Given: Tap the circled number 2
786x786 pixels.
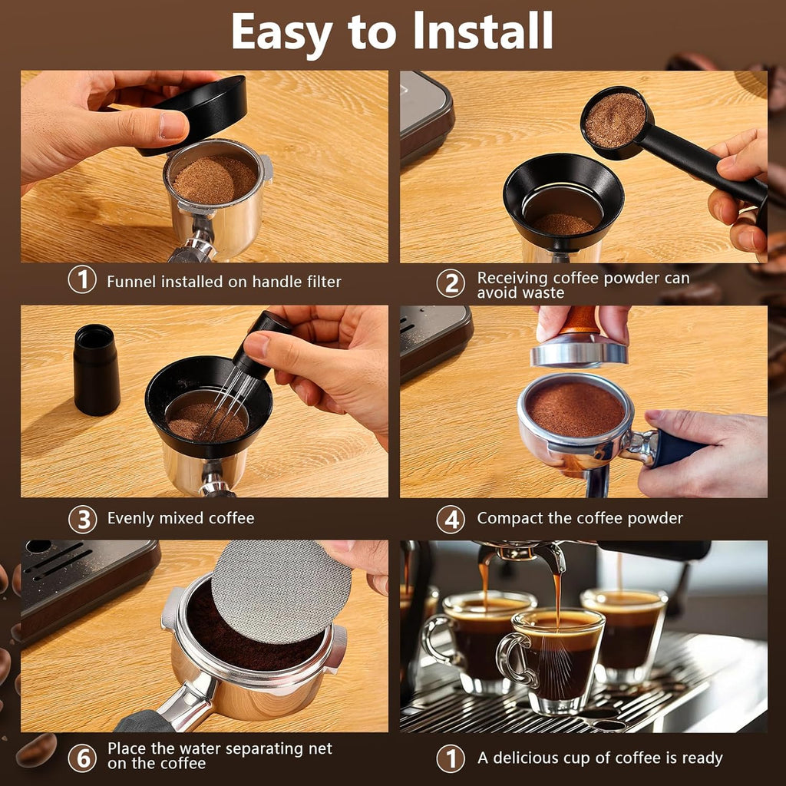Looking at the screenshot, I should coord(451,283).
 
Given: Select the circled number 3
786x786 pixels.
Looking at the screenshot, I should coord(82,519).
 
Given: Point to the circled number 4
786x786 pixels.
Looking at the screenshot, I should coord(451,519).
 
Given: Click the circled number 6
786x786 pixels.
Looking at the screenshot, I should coord(82,757).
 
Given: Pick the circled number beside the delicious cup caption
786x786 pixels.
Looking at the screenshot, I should coord(451,758).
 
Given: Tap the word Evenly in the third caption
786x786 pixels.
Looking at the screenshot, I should coord(131,518).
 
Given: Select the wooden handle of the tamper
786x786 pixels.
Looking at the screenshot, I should coord(580,321).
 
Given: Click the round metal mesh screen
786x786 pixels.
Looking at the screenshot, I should coord(280,591).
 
